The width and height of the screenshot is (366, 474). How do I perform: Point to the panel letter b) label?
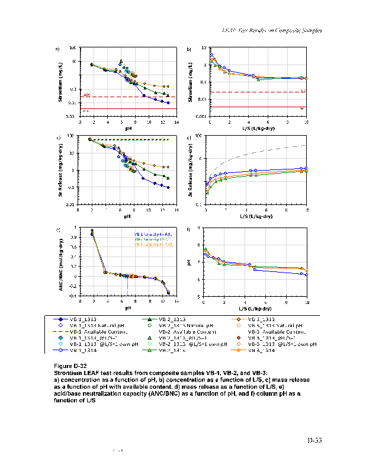pyautogui.click(x=189, y=49)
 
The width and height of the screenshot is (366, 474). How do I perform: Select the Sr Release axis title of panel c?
pyautogui.click(x=60, y=171)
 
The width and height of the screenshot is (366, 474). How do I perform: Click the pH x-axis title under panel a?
pyautogui.click(x=127, y=127)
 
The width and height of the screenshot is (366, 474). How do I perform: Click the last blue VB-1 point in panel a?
pyautogui.click(x=169, y=103)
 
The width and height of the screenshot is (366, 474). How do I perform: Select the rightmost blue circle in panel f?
pyautogui.click(x=307, y=274)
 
